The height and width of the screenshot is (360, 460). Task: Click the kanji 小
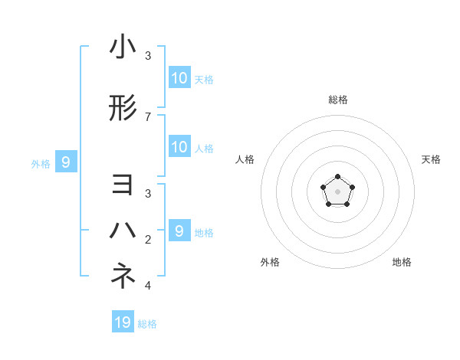click(x=123, y=48)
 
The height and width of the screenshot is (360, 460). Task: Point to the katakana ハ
click(x=123, y=230)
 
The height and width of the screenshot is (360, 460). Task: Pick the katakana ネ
click(x=123, y=276)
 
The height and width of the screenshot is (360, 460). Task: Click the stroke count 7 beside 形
click(x=148, y=116)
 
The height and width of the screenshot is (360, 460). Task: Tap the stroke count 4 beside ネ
click(x=148, y=286)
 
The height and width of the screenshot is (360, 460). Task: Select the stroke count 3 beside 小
click(x=148, y=56)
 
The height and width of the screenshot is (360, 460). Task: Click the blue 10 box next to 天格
click(x=179, y=77)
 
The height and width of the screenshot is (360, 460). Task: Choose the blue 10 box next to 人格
click(x=179, y=147)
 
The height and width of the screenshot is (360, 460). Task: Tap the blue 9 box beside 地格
click(x=179, y=231)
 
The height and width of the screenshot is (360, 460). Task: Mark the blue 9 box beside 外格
click(x=66, y=162)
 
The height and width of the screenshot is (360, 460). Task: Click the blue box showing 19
click(x=123, y=322)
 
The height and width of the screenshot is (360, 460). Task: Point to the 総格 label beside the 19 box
click(x=147, y=324)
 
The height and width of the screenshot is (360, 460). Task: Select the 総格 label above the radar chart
click(x=338, y=100)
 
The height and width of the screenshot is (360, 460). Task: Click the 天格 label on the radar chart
click(x=431, y=159)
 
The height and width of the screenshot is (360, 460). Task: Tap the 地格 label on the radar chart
click(x=402, y=262)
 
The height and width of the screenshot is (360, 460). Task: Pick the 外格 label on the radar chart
click(x=270, y=262)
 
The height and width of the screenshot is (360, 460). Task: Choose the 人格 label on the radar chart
click(x=245, y=159)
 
